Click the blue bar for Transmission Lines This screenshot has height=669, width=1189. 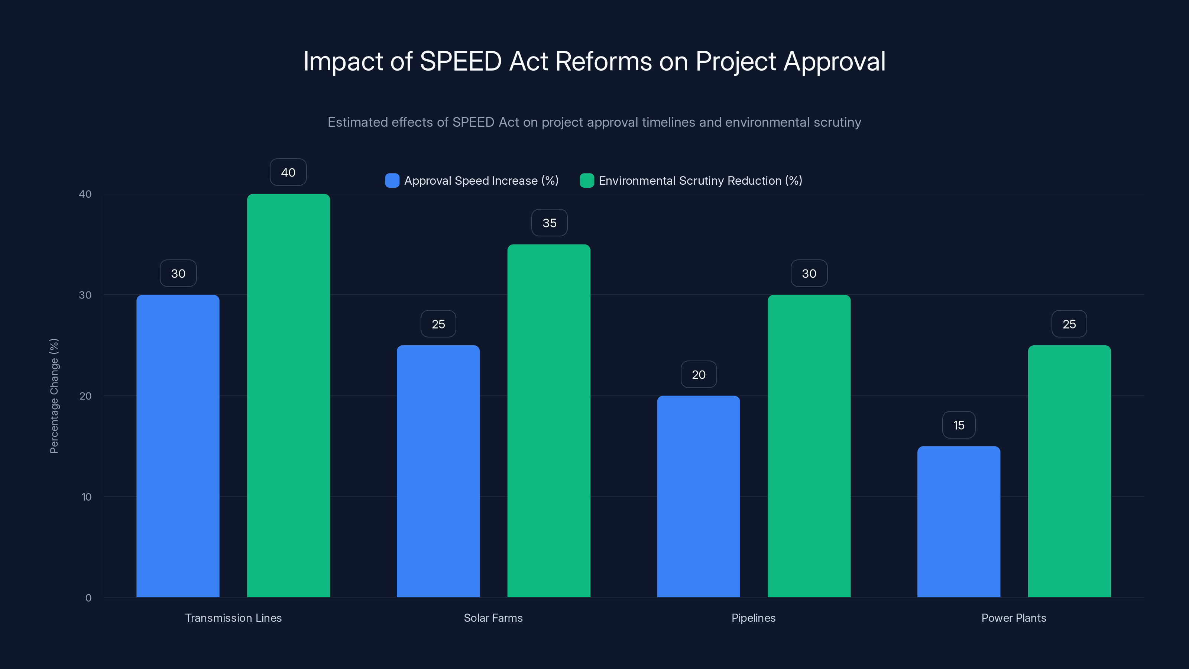[x=178, y=446]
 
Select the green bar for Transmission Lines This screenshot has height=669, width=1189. [x=288, y=395]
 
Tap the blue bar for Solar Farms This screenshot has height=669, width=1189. [x=438, y=471]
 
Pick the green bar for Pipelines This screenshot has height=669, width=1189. [x=809, y=446]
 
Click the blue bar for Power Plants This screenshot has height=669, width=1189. [x=959, y=522]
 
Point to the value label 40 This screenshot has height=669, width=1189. [x=288, y=172]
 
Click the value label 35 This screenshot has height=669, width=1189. [x=549, y=223]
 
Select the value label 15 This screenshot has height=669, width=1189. [x=959, y=425]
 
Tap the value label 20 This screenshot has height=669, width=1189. [x=699, y=374]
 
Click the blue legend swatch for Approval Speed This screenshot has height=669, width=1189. [x=392, y=181]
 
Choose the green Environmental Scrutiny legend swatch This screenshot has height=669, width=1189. [x=587, y=181]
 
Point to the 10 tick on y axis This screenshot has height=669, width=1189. [x=86, y=497]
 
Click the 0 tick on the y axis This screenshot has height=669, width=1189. [x=88, y=598]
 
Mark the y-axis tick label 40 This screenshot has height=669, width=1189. [x=85, y=194]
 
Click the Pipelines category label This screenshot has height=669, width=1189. [x=753, y=618]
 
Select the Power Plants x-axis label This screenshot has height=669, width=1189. [x=1014, y=618]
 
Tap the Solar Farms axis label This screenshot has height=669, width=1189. [x=493, y=618]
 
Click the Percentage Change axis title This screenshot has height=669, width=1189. [x=54, y=396]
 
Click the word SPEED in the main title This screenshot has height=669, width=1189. [x=460, y=61]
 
